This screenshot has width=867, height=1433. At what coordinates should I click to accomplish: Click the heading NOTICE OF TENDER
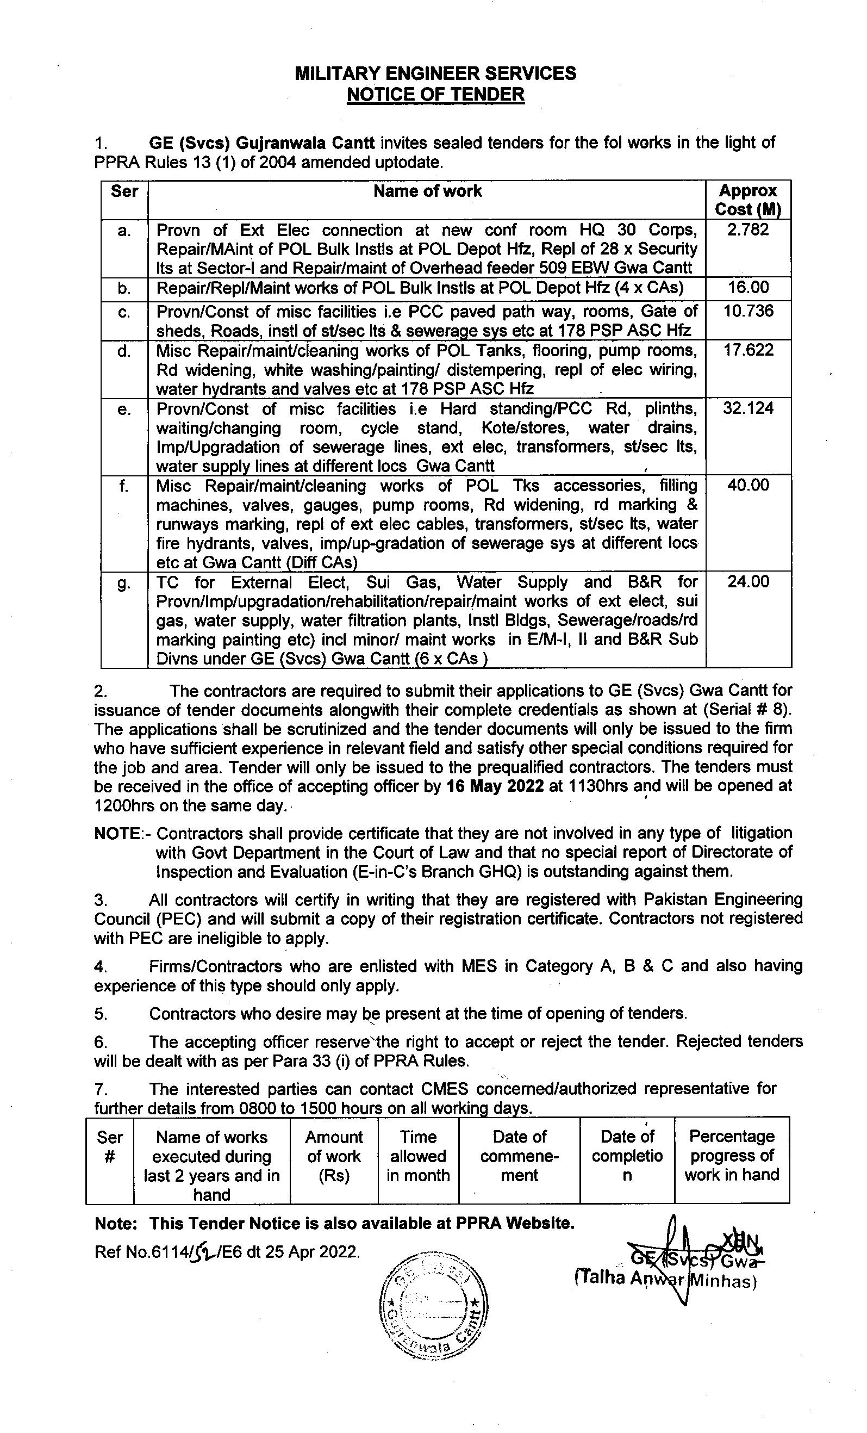[x=435, y=94]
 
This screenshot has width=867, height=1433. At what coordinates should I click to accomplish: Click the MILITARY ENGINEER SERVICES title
[x=435, y=73]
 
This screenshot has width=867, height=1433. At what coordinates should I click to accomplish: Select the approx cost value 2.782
[x=748, y=229]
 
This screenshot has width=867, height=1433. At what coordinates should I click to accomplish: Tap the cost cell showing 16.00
[x=748, y=287]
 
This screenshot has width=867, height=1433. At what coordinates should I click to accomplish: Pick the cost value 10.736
[x=748, y=311]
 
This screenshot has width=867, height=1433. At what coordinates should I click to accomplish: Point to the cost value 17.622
[x=748, y=350]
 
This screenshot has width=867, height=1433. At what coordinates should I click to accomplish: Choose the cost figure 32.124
[x=748, y=408]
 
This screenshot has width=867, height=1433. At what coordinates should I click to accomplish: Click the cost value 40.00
[x=748, y=485]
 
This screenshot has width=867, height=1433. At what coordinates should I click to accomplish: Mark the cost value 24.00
[x=748, y=581]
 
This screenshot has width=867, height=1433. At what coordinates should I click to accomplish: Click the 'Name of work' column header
[x=427, y=191]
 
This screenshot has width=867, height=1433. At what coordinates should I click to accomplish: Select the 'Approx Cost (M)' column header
[x=748, y=200]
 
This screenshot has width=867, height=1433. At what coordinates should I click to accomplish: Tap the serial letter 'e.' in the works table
[x=124, y=410]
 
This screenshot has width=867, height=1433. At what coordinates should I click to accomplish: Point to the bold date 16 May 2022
[x=495, y=786]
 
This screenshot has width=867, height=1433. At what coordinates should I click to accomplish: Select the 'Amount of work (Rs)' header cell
[x=334, y=1156]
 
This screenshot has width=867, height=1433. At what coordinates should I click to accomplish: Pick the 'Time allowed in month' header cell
[x=418, y=1156]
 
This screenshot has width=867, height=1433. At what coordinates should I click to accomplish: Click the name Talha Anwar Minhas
[x=665, y=1279]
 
